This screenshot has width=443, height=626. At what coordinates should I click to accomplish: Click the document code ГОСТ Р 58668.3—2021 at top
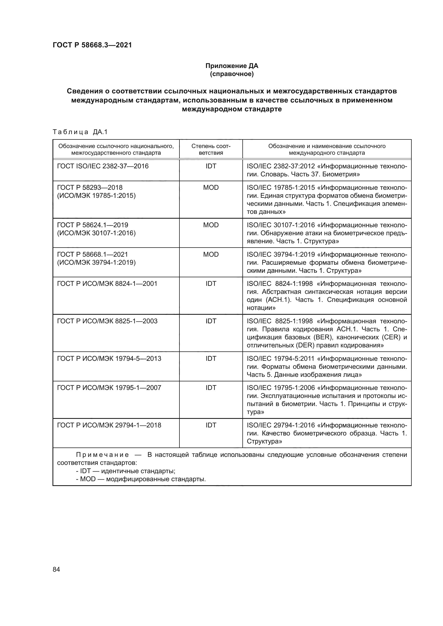(x=92, y=45)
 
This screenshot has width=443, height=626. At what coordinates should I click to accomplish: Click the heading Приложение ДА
(x=232, y=66)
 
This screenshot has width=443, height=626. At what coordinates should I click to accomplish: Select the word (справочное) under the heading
(x=232, y=74)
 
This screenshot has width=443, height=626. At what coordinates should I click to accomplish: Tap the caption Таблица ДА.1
(x=80, y=132)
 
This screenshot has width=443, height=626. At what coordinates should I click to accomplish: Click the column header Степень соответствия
(x=211, y=149)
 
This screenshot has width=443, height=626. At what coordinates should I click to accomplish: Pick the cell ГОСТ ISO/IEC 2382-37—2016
(x=103, y=166)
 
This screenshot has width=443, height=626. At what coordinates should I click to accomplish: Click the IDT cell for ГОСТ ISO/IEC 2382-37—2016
(x=211, y=166)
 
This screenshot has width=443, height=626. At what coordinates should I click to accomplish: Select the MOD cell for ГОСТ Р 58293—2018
(x=211, y=188)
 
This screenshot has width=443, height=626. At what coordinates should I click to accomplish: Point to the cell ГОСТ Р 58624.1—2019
(x=92, y=225)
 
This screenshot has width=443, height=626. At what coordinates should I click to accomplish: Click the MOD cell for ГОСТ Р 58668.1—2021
(x=211, y=254)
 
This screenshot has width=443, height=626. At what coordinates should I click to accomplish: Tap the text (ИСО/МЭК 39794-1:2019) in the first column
(x=96, y=262)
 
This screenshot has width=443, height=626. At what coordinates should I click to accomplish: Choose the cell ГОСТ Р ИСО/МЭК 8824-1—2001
(x=107, y=283)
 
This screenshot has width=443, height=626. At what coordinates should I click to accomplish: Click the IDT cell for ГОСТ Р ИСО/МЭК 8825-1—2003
(x=211, y=321)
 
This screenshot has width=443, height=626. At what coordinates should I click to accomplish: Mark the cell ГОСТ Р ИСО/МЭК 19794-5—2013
(x=109, y=359)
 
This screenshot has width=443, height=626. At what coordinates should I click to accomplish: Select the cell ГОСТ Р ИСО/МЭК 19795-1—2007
(x=109, y=388)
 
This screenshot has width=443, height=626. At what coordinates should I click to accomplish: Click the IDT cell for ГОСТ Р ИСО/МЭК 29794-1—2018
(x=211, y=425)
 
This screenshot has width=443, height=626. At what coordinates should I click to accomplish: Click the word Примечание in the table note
(x=102, y=455)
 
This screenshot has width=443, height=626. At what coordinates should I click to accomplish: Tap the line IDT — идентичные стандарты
(x=126, y=471)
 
